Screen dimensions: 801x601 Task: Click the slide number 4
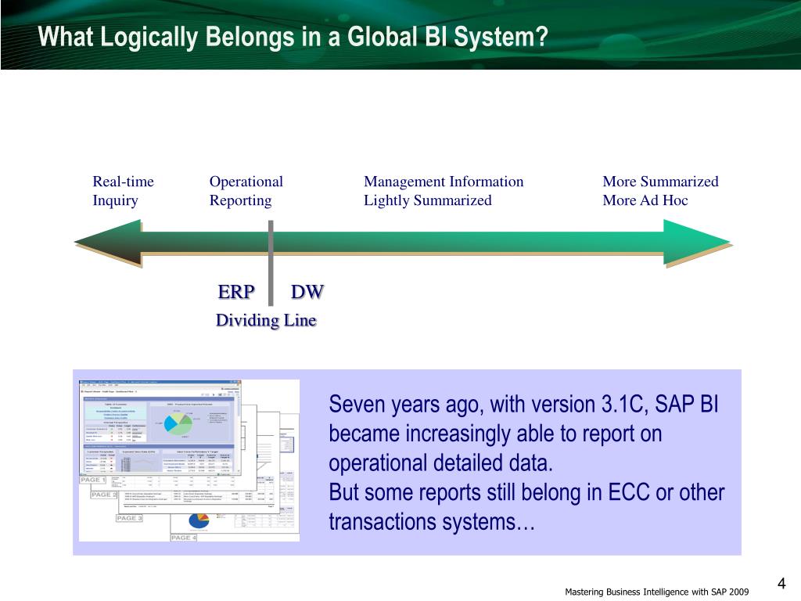(781, 585)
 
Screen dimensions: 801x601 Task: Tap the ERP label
(236, 293)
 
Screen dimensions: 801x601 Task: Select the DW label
(307, 293)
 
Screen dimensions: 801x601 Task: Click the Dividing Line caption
(266, 320)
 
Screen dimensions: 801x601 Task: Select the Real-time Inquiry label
(123, 191)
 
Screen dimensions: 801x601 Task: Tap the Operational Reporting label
(246, 191)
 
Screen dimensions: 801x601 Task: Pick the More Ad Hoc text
(645, 200)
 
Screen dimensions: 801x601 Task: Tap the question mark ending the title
(541, 37)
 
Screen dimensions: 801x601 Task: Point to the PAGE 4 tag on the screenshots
(184, 538)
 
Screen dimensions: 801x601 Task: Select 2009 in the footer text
(739, 592)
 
